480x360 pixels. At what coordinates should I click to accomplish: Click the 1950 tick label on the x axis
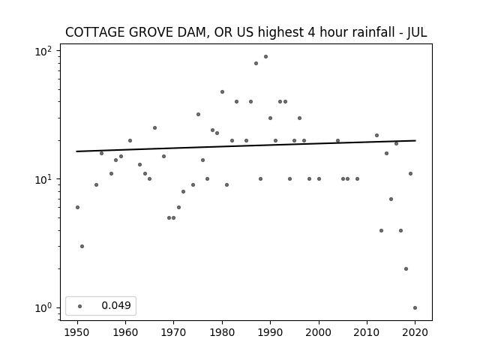[x=77, y=332]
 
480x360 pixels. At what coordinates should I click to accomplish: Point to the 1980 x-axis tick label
[x=222, y=332]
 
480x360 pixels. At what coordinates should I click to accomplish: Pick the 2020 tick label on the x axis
[x=415, y=332]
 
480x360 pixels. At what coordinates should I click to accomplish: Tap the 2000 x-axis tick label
[x=318, y=332]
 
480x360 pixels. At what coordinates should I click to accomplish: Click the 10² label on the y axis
[x=43, y=51]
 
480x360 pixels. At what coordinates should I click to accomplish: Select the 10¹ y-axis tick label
[x=43, y=179]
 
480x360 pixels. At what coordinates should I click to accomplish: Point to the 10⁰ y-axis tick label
[x=43, y=308]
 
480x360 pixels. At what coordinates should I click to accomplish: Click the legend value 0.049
[x=116, y=305]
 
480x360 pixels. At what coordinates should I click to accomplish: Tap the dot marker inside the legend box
[x=80, y=306]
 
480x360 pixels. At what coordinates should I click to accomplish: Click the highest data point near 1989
[x=265, y=57]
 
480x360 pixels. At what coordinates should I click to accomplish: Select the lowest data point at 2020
[x=415, y=308]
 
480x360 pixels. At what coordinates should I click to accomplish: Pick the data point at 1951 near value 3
[x=82, y=247]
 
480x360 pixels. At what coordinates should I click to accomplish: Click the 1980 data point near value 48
[x=222, y=91]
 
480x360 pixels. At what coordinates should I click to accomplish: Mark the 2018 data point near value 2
[x=406, y=269]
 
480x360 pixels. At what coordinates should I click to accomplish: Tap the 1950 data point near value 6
[x=77, y=208]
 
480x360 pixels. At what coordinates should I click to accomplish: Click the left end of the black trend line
[x=76, y=151]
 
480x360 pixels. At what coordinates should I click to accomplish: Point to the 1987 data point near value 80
[x=256, y=63]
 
